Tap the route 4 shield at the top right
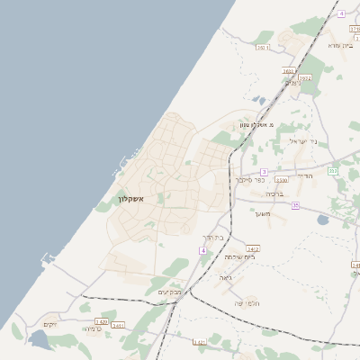point(342,14)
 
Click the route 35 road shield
point(295,205)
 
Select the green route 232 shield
point(333,170)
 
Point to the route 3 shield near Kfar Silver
point(264,171)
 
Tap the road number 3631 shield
point(289,70)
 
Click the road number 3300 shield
point(282,180)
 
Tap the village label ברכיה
point(275,192)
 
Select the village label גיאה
point(225,277)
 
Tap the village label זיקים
point(50,323)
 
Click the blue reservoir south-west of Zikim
point(40,340)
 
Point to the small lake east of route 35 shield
point(323,220)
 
